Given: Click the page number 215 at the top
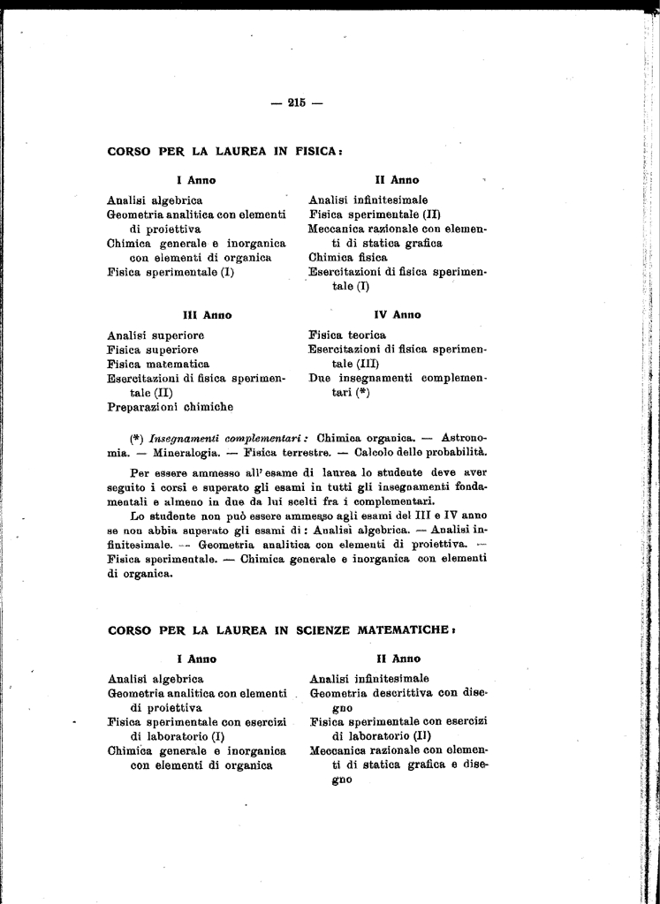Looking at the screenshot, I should [x=296, y=102].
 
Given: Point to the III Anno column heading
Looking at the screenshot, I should [x=207, y=314].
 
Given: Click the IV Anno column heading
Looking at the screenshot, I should [x=397, y=314].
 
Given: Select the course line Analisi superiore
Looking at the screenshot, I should [x=156, y=335].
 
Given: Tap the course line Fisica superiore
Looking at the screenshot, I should [x=152, y=350].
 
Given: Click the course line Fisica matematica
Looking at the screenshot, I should [x=158, y=364].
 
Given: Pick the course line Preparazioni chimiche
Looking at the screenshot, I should [x=170, y=407].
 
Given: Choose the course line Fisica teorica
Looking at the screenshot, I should [x=347, y=335].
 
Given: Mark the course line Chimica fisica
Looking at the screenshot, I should [x=348, y=257].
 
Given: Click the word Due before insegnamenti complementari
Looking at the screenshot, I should [x=320, y=378].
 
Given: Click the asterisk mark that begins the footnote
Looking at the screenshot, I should [x=136, y=437].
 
